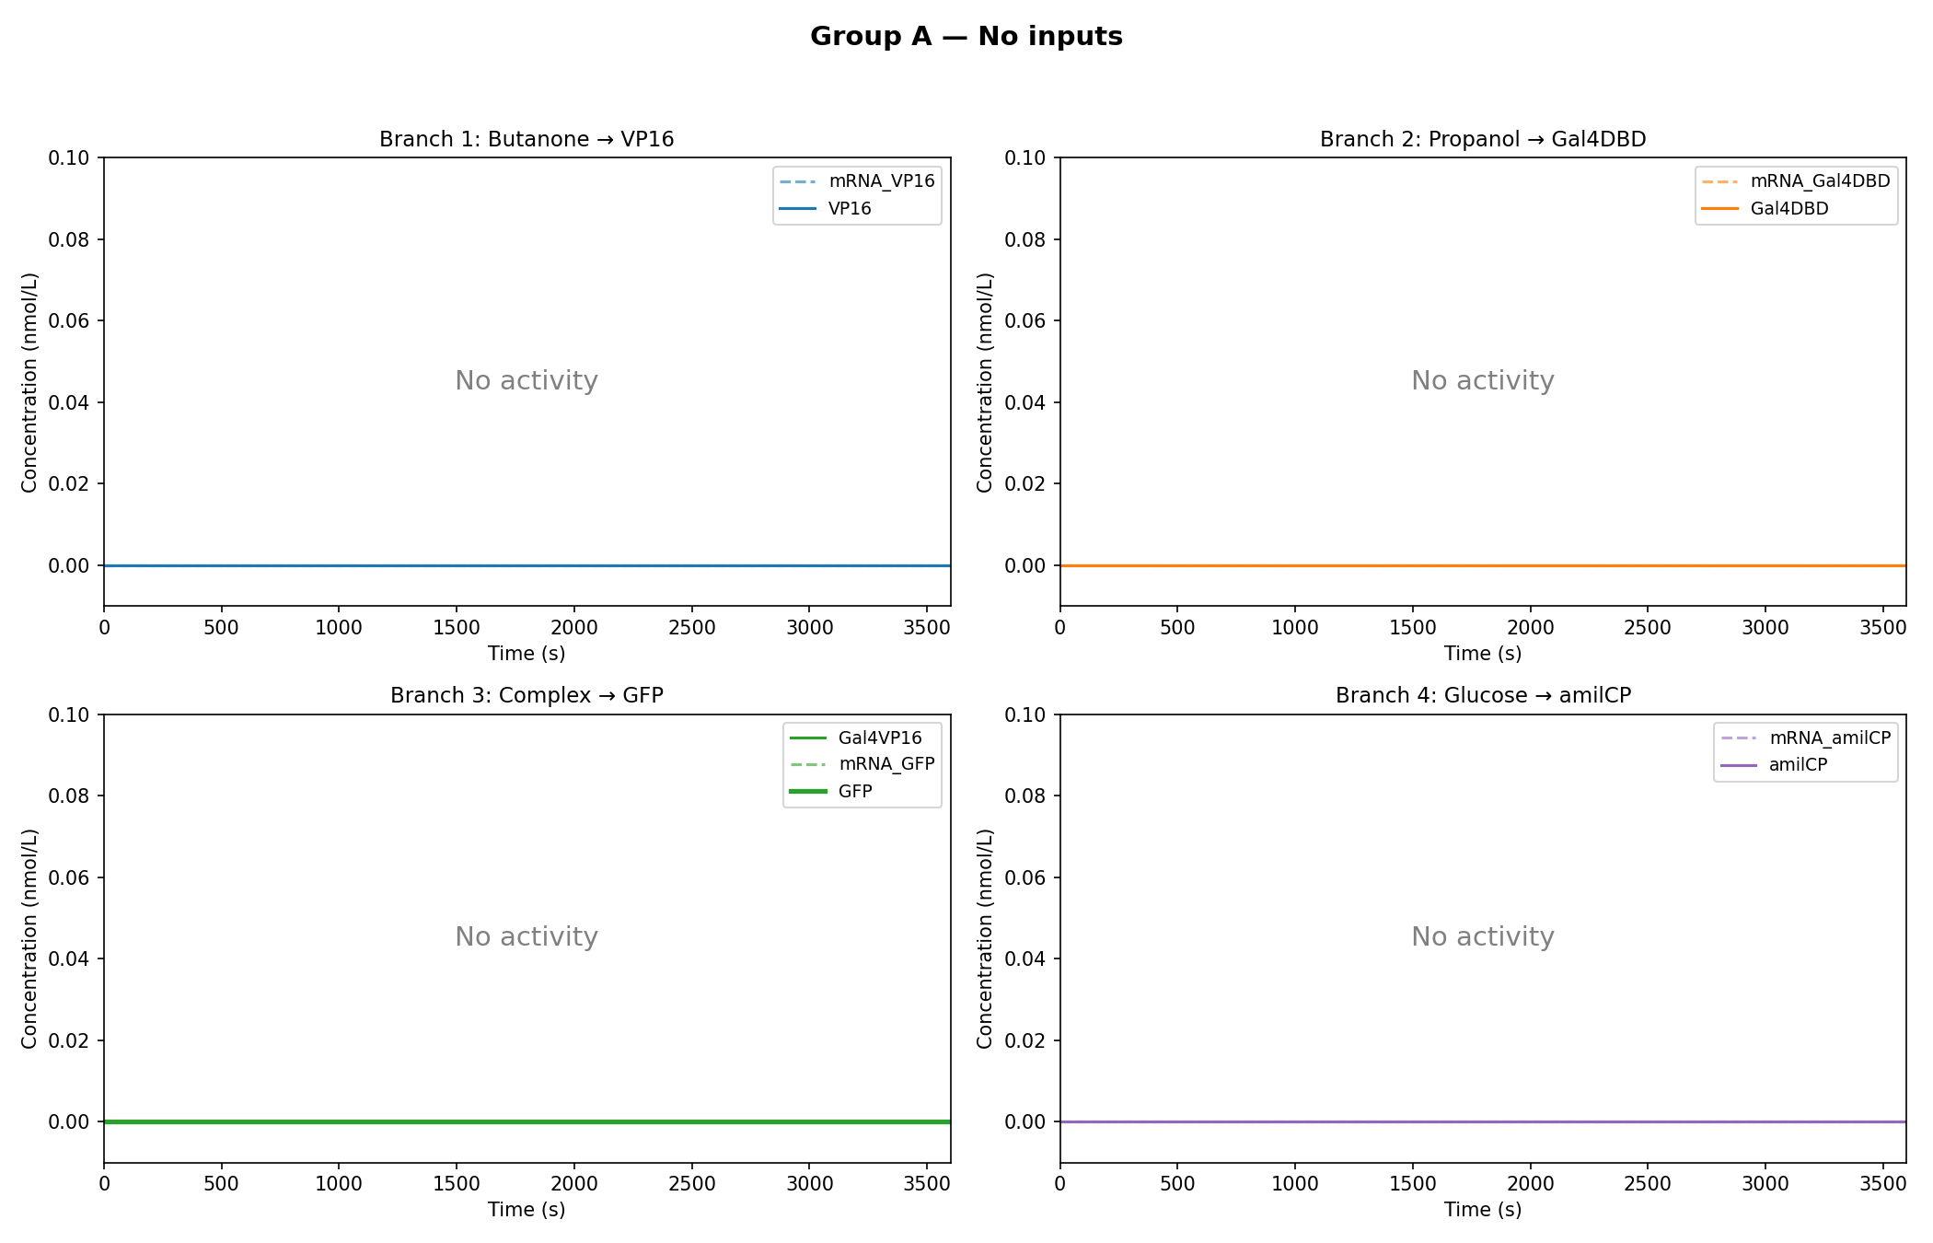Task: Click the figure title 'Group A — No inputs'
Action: point(966,37)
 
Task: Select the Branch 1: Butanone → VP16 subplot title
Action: point(527,139)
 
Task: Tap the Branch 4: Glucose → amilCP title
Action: point(1483,695)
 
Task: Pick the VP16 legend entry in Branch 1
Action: point(849,209)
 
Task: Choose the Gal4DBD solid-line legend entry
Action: point(1788,209)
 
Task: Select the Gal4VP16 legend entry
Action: point(879,738)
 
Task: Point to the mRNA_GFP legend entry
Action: point(885,764)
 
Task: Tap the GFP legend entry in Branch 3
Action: point(854,791)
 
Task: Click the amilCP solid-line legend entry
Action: point(1797,765)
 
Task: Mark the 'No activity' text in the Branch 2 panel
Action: point(1482,380)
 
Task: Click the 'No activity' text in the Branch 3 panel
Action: point(527,936)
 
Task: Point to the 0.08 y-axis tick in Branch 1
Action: point(69,239)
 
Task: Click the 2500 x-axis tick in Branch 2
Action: point(1647,628)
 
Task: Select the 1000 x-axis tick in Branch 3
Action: point(339,1184)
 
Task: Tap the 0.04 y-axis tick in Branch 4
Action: point(1025,959)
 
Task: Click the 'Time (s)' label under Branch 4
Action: point(1482,1210)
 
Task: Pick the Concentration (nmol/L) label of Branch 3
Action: point(29,938)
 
